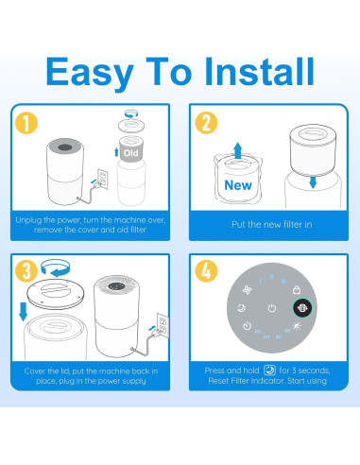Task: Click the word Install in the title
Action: [259, 71]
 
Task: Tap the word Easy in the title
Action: [90, 75]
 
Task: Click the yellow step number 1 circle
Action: [26, 123]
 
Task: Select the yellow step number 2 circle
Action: [206, 123]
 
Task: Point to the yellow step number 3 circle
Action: [26, 270]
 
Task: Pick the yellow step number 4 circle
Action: [206, 270]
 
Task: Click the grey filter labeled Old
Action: [130, 149]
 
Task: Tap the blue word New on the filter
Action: [238, 185]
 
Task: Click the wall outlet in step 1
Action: [103, 179]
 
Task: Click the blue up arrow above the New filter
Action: [238, 150]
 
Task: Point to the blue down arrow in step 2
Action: [313, 182]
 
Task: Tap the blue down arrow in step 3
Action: [24, 312]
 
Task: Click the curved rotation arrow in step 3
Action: [56, 268]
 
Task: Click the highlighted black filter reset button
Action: [302, 308]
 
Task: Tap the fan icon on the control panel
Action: [248, 290]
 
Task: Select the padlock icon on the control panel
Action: [297, 289]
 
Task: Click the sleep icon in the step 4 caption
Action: [269, 370]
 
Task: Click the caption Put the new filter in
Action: [272, 224]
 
